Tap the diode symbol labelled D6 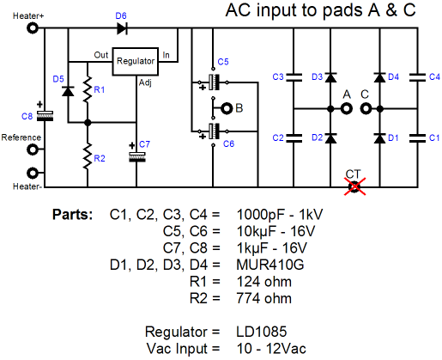pos(122,28)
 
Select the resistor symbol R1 pos(88,89)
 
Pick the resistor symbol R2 pos(88,156)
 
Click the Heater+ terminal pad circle pos(33,28)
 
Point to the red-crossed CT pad pos(354,186)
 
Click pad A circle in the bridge pos(347,109)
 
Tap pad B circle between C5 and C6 pos(227,108)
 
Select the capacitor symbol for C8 pos(45,116)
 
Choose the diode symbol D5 pos(68,91)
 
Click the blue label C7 pos(144,144)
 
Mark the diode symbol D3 pos(330,77)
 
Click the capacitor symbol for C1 pos(417,138)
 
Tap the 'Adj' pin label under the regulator pos(145,82)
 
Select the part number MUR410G pos(270,265)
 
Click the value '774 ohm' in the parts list pos(264,298)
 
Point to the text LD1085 pos(262,332)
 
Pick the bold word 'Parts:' pos(73,215)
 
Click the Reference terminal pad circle pos(33,149)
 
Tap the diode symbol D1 pos(379,138)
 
